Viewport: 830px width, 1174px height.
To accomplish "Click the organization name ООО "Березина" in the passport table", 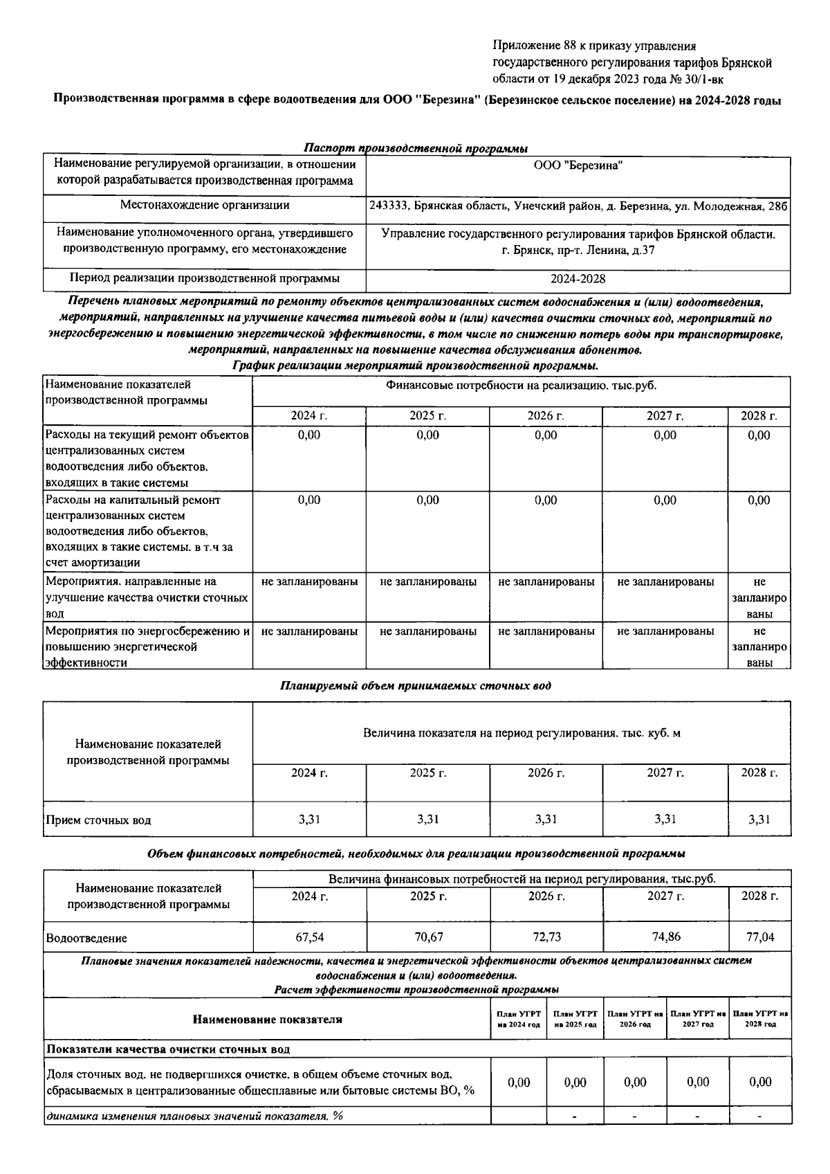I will coord(578,165).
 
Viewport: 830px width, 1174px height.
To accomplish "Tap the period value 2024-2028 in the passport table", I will coord(578,279).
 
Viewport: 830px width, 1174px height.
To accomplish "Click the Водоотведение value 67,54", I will coord(309,937).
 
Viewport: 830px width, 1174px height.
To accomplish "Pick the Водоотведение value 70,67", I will coord(428,937).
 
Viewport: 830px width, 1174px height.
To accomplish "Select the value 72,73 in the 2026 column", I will coord(546,937).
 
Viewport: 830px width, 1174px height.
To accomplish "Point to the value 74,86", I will coord(665,937).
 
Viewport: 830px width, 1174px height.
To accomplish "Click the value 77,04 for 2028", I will coord(759,937).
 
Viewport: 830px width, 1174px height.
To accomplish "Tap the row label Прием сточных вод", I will coord(98,820).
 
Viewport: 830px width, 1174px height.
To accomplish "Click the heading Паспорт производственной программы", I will coord(416,149).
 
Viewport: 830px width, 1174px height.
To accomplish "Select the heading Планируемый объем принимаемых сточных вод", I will coord(416,686).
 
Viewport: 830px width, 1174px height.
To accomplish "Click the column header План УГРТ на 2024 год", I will coord(518,1019).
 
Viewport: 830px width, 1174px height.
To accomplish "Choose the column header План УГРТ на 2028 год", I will coord(760,1019).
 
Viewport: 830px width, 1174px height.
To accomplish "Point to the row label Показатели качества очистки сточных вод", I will coord(167,1049).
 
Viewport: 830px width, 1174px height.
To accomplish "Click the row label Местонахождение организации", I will coord(205,206).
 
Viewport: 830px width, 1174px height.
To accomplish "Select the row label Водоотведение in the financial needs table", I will coord(86,939).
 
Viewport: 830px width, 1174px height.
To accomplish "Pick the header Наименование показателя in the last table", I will coord(267,1019).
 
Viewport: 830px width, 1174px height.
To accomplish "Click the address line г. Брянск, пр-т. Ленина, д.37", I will coord(578,251).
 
